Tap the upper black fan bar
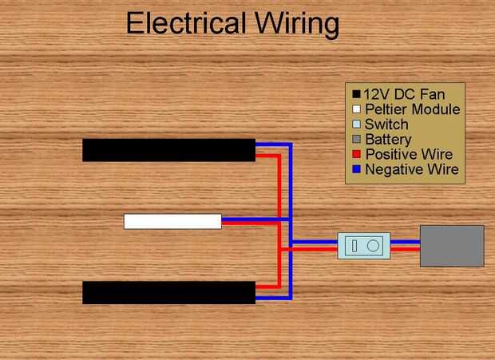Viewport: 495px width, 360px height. coord(168,150)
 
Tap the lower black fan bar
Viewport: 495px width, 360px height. coord(168,292)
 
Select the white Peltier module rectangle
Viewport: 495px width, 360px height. coord(172,221)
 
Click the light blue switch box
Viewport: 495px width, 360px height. coord(364,246)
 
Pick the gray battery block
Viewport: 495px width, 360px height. coord(452,245)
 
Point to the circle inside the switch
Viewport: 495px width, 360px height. coord(373,246)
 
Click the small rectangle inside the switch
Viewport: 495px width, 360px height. coord(355,246)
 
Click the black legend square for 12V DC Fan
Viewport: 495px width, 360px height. coord(356,94)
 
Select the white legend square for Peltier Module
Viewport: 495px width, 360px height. coord(356,109)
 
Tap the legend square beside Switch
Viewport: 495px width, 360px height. coord(356,125)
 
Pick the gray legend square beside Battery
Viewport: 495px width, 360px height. coord(356,140)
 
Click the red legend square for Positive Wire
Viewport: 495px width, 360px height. coord(356,155)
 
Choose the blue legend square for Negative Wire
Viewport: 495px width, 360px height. coord(356,170)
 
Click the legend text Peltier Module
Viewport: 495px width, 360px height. coord(412,109)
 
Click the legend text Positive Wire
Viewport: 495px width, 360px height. coord(409,155)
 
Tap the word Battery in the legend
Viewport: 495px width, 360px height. coord(389,140)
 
